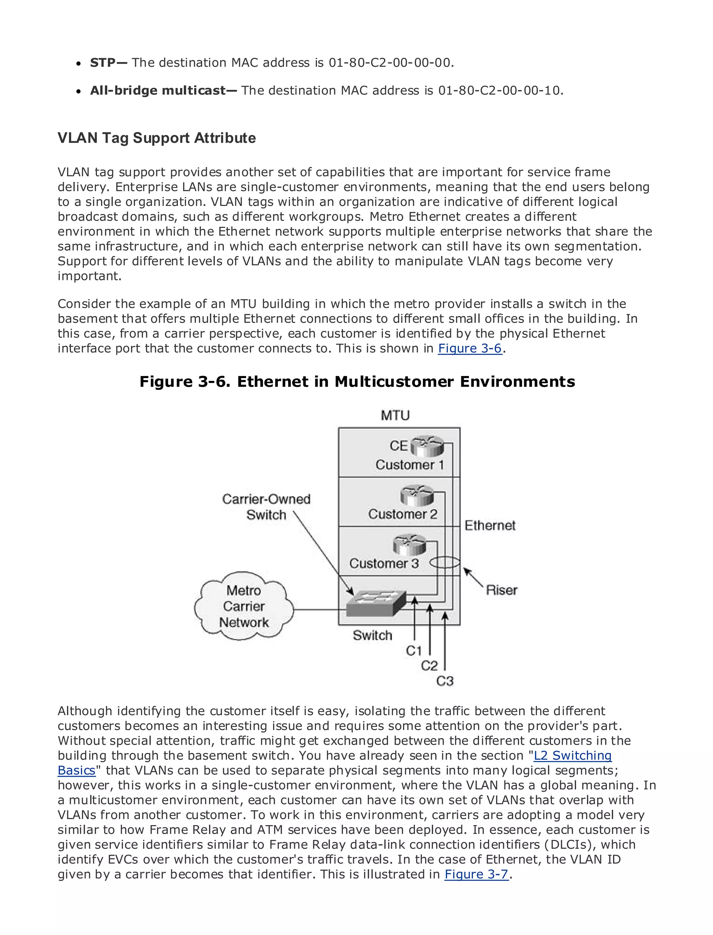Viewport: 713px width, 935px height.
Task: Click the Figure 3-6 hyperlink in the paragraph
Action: [470, 349]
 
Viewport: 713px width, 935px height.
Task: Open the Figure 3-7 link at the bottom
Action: [476, 874]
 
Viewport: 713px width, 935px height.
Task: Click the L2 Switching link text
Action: [572, 756]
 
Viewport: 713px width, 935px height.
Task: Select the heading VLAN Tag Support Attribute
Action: [157, 138]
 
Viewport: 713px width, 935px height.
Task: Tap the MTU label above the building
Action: [395, 415]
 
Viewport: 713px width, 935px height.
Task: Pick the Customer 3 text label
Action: [384, 564]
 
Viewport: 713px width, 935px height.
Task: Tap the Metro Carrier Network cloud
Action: [244, 606]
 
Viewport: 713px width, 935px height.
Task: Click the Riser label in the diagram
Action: [501, 590]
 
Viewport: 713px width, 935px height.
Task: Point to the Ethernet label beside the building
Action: [490, 526]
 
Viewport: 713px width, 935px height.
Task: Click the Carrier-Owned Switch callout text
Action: [266, 507]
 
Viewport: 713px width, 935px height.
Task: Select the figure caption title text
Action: [357, 382]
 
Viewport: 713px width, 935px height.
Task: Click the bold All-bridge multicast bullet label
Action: [163, 91]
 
